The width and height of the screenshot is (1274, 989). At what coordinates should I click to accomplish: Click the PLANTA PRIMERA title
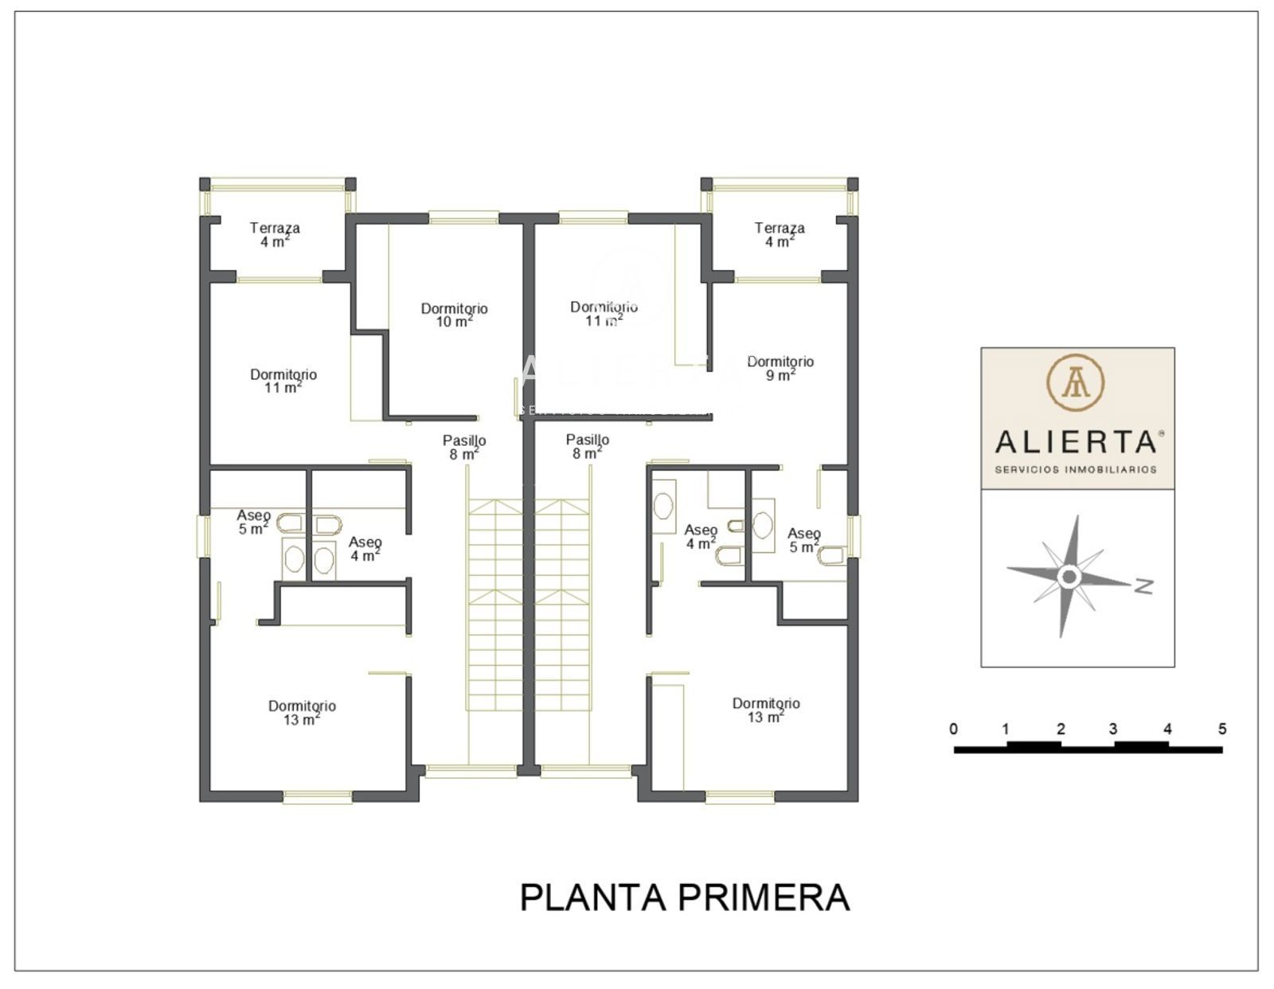[x=685, y=897]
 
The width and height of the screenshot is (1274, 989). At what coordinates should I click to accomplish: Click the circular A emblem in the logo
[x=1075, y=382]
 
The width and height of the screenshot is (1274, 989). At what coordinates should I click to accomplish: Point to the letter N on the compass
[x=1144, y=585]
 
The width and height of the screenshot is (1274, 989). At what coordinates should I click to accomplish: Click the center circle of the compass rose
[x=1069, y=577]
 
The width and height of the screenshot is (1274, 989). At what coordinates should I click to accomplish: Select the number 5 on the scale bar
[x=1221, y=729]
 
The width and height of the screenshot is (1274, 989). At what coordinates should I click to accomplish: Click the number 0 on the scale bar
[x=954, y=729]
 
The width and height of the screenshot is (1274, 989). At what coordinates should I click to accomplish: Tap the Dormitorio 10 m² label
[x=455, y=315]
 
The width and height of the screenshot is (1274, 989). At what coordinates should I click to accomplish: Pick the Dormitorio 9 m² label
[x=780, y=368]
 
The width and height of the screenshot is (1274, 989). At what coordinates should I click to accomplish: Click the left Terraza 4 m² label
[x=275, y=234]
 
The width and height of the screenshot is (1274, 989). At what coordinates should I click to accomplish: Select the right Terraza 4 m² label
[x=780, y=234]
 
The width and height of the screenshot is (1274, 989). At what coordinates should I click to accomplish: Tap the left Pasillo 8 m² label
[x=463, y=447]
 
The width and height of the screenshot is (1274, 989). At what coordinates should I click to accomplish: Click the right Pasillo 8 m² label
[x=588, y=446]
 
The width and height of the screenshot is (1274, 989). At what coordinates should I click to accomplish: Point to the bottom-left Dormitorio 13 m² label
[x=302, y=713]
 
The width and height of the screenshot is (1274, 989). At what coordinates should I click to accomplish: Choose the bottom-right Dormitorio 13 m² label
[x=766, y=709]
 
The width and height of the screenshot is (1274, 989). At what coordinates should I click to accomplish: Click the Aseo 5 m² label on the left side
[x=253, y=522]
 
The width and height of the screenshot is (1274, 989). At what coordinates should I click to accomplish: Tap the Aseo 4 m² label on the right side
[x=701, y=537]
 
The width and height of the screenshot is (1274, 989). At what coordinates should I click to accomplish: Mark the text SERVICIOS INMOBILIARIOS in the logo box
[x=1076, y=470]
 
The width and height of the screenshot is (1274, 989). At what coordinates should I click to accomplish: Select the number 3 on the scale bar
[x=1113, y=729]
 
